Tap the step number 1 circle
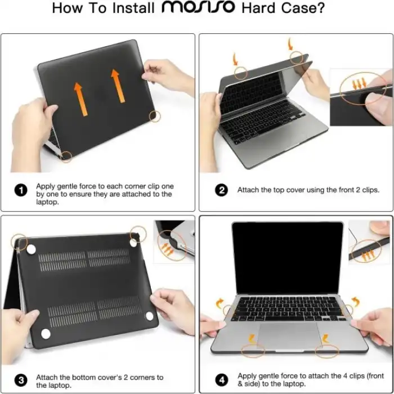pyautogui.click(x=21, y=190)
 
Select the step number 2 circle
pyautogui.click(x=222, y=190)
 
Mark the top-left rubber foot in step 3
pyautogui.click(x=32, y=249)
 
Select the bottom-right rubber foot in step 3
pyautogui.click(x=150, y=316)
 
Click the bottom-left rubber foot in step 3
pyautogui.click(x=46, y=333)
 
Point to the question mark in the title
pyautogui.click(x=338, y=8)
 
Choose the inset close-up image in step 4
pyautogui.click(x=369, y=243)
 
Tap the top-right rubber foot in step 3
pyautogui.click(x=134, y=242)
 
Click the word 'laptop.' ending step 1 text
pyautogui.click(x=48, y=202)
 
